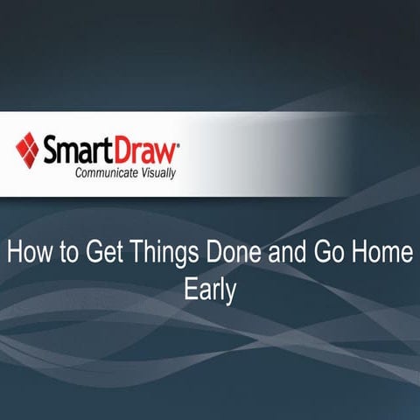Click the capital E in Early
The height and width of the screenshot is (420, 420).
pos(190,290)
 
